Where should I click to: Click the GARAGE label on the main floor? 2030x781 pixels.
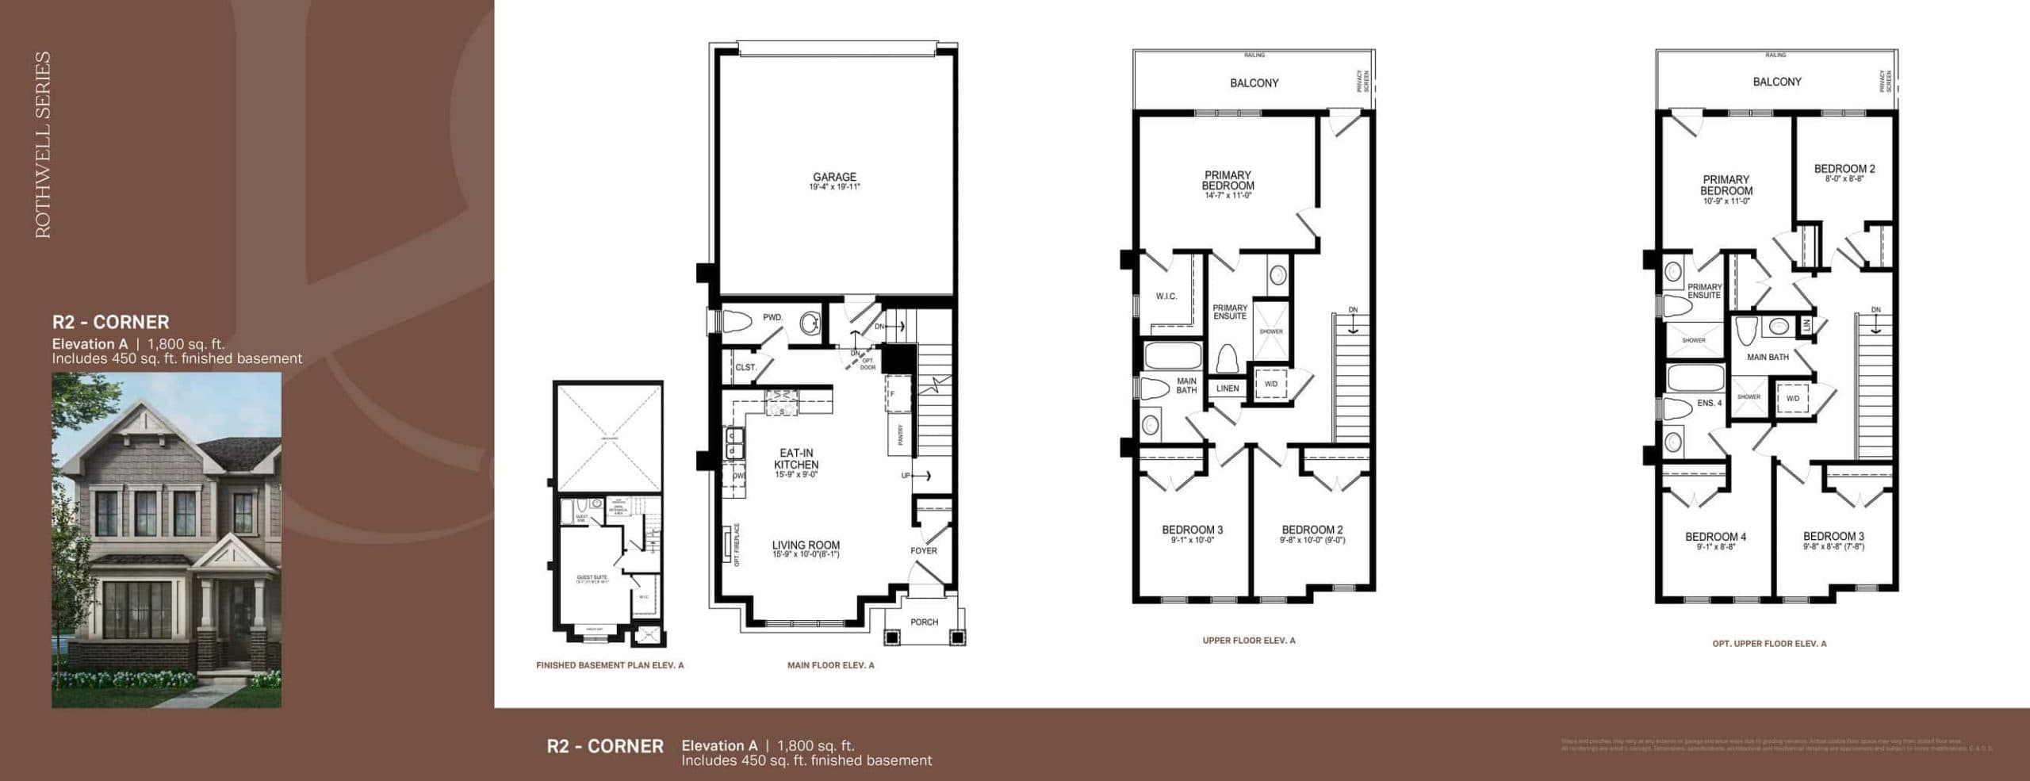[834, 178]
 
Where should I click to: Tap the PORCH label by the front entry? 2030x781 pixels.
[924, 622]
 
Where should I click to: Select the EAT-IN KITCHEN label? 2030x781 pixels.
[796, 459]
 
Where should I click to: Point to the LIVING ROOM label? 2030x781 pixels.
[806, 546]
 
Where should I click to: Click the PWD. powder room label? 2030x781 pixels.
[772, 317]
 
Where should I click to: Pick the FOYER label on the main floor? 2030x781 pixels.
[924, 550]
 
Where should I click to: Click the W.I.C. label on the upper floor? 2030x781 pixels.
[1166, 297]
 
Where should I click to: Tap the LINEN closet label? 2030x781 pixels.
[1227, 389]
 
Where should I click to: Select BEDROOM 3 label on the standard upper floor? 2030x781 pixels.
[1192, 530]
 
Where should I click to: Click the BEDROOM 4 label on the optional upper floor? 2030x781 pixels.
[1715, 537]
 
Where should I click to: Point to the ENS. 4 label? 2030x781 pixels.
[1709, 404]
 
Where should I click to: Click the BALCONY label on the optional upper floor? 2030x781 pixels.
[1776, 82]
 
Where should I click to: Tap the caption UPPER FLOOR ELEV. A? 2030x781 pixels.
[1248, 641]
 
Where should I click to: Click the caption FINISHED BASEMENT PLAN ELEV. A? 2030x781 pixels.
[609, 665]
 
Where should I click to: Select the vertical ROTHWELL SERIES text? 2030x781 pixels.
[43, 144]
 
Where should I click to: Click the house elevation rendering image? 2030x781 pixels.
[167, 539]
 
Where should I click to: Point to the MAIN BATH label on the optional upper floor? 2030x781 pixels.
[1768, 358]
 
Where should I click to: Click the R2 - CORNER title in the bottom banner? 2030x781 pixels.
[605, 746]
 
